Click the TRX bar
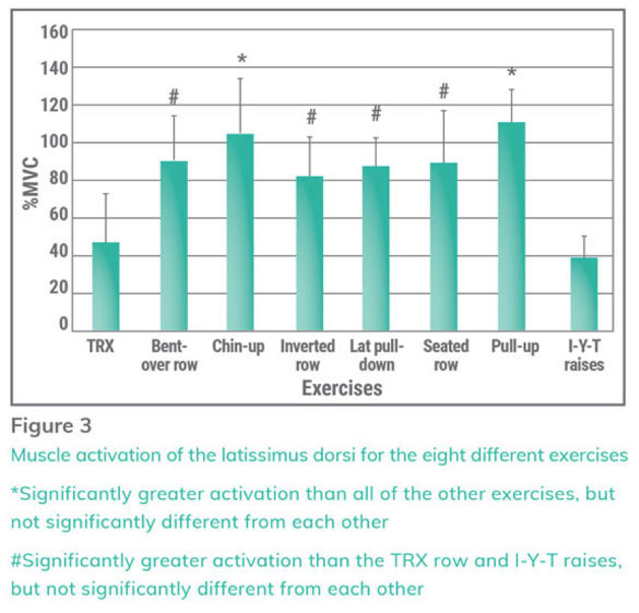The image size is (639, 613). pos(106,286)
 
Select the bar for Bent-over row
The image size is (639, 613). pos(173,246)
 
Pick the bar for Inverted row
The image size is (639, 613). pos(309,254)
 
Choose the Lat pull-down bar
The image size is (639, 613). pos(376,249)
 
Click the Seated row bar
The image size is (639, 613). pos(444,247)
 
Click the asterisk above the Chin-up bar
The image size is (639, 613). pos(241,58)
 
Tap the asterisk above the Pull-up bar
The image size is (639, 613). pos(511,73)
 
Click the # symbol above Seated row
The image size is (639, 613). pos(444,91)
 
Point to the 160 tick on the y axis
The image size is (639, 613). pos(55,32)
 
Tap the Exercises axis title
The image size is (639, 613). pos(341,388)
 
